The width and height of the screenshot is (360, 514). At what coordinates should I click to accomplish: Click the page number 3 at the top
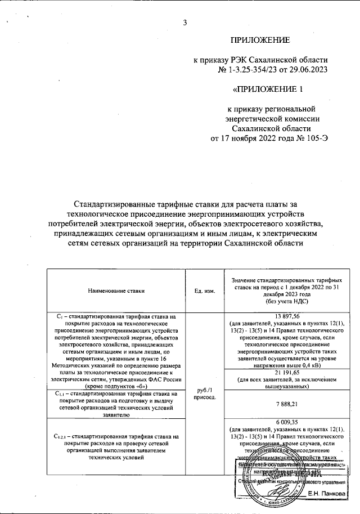pyautogui.click(x=184, y=23)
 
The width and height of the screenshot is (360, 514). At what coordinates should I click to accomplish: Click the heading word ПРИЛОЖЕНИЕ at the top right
pyautogui.click(x=260, y=40)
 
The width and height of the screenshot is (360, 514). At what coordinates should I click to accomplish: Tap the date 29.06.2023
pyautogui.click(x=308, y=69)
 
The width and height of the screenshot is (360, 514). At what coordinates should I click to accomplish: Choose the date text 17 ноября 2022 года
pyautogui.click(x=254, y=138)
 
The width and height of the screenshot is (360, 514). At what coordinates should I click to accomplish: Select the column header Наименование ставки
pyautogui.click(x=116, y=291)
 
